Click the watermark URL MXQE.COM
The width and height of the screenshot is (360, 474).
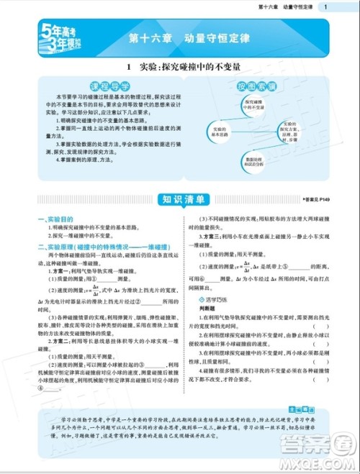pos(328,460)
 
